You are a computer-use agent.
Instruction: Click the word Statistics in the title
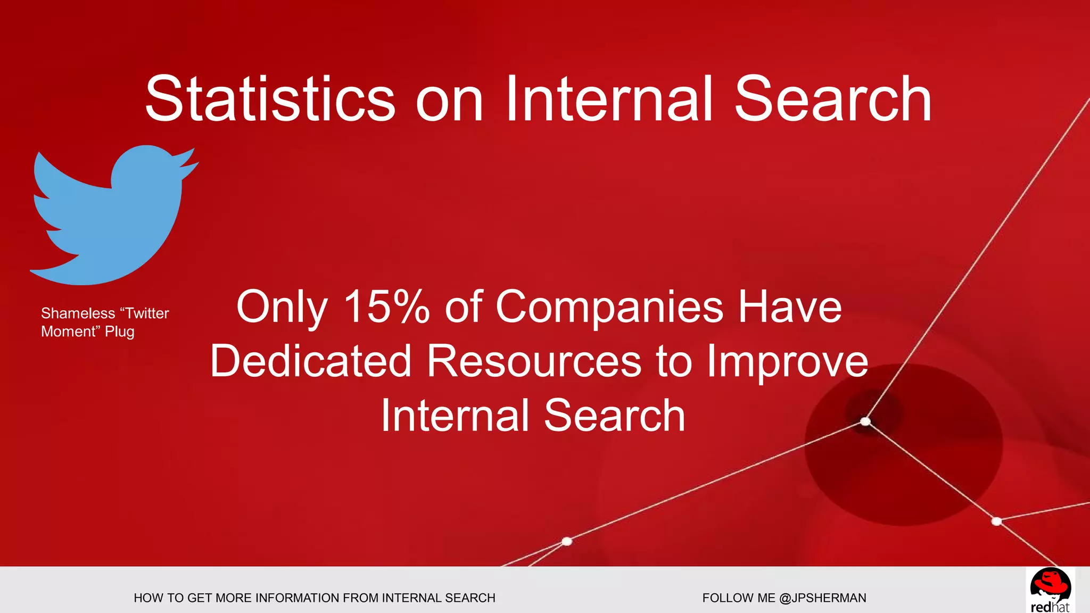270,99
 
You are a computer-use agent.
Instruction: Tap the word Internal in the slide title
608,99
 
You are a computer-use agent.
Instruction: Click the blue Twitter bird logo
112,218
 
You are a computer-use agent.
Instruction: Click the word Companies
609,308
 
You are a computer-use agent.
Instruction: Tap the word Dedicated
311,361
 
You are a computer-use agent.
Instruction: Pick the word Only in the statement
282,308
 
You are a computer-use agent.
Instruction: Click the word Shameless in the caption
78,313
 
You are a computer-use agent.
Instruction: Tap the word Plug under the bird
119,332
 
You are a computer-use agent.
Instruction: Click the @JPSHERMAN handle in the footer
822,598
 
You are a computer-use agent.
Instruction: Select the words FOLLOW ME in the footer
738,598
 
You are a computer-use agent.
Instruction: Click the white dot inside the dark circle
865,421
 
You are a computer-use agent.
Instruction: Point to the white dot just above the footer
567,541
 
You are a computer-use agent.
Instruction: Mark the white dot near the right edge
997,521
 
